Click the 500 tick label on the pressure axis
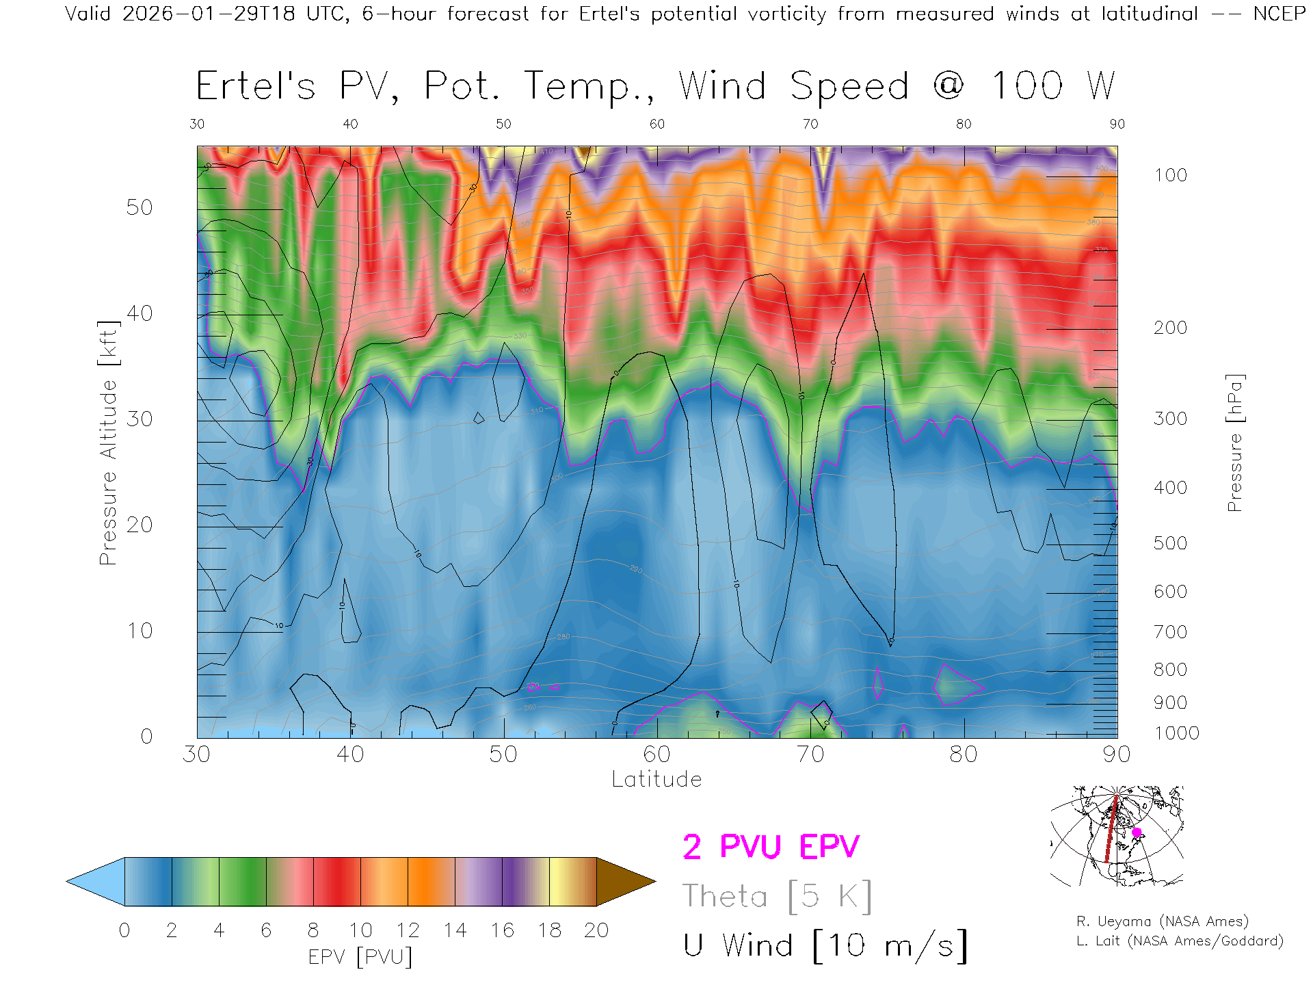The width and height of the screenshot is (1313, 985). (x=1170, y=543)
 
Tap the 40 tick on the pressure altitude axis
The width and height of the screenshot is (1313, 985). (x=140, y=313)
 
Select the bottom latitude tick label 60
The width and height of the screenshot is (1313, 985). (x=656, y=754)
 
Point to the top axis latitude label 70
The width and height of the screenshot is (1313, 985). (x=810, y=124)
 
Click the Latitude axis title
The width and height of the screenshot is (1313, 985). (x=656, y=780)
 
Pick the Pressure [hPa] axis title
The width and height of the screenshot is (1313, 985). (x=1234, y=443)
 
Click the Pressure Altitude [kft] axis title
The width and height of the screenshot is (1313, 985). (x=108, y=443)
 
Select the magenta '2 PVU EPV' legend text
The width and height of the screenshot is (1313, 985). (x=771, y=847)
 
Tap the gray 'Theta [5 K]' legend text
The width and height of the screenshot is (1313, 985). (x=777, y=896)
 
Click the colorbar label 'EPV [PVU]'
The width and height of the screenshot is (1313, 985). (x=360, y=957)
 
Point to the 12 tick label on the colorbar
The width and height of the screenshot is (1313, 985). (x=408, y=930)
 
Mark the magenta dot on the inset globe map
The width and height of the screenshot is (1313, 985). (x=1137, y=832)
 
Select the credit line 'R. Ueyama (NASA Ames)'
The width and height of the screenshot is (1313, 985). (x=1162, y=921)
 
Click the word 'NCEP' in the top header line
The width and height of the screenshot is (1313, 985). (x=1279, y=14)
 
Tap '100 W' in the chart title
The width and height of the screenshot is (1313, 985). (x=1053, y=87)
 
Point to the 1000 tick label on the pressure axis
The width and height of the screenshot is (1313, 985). (x=1176, y=733)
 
